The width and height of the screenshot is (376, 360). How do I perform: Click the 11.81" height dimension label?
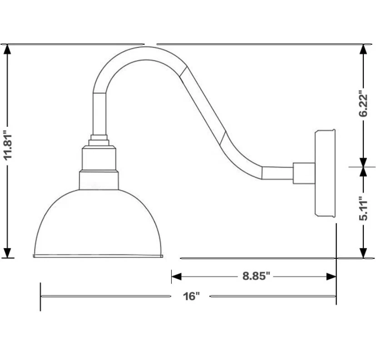tap(8, 145)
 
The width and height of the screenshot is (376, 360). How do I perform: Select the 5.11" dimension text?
tap(363, 209)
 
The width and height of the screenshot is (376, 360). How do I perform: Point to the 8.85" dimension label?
tap(256, 276)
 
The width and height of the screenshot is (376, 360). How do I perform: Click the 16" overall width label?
tap(191, 296)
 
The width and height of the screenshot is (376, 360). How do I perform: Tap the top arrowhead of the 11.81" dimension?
tap(8, 49)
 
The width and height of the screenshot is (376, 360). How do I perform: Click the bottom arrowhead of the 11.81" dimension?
tap(8, 253)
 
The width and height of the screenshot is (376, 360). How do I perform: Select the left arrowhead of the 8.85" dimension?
tap(177, 276)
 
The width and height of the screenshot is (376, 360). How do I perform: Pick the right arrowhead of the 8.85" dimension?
tap(331, 276)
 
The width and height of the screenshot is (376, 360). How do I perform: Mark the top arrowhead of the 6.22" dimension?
tap(364, 49)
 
